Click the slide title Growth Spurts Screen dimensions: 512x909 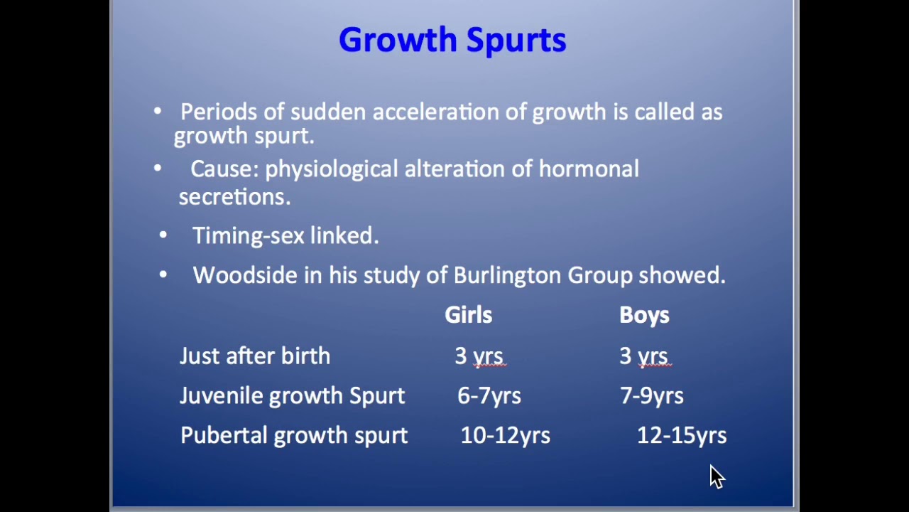pos(452,40)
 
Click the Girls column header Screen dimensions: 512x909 pos(468,315)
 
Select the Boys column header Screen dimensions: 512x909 pos(644,315)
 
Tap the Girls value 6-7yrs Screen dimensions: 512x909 pos(489,396)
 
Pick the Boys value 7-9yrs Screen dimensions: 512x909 pos(652,396)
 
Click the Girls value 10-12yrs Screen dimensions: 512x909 pos(505,436)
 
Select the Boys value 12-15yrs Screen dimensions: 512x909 pos(682,436)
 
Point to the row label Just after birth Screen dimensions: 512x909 pos(255,356)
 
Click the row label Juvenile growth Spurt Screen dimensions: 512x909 pos(292,396)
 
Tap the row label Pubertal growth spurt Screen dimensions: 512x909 pos(294,436)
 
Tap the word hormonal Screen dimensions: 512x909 pos(589,169)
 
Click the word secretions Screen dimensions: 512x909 pos(234,197)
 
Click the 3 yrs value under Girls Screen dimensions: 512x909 pos(479,356)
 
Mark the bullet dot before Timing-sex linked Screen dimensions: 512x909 pos(163,235)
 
